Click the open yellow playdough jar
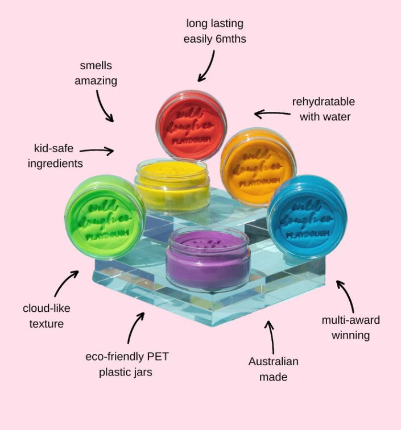(x=171, y=185)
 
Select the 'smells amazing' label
(x=96, y=73)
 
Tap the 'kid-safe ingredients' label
(x=56, y=156)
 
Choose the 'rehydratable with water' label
(x=323, y=109)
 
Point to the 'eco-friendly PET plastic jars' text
(x=127, y=365)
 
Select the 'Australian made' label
(x=273, y=369)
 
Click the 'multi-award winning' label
(x=350, y=328)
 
